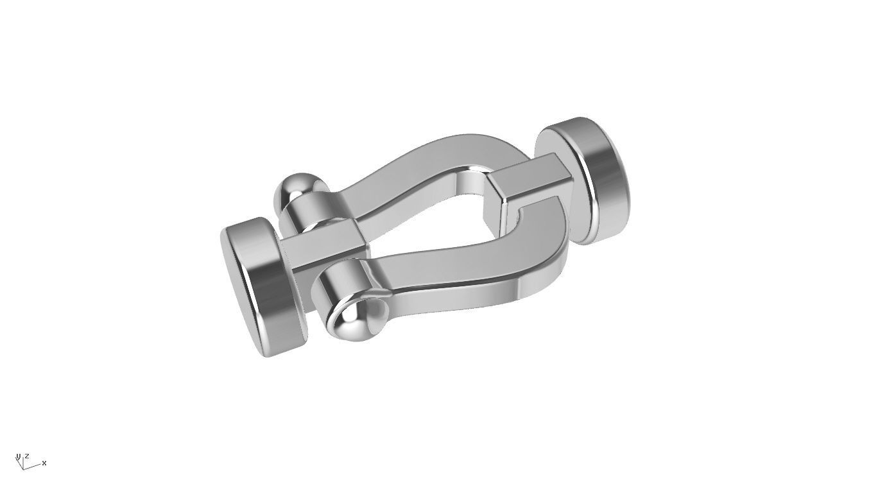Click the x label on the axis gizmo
click(44, 463)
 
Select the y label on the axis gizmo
click(18, 456)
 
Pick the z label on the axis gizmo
click(26, 456)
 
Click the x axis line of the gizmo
click(33, 465)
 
